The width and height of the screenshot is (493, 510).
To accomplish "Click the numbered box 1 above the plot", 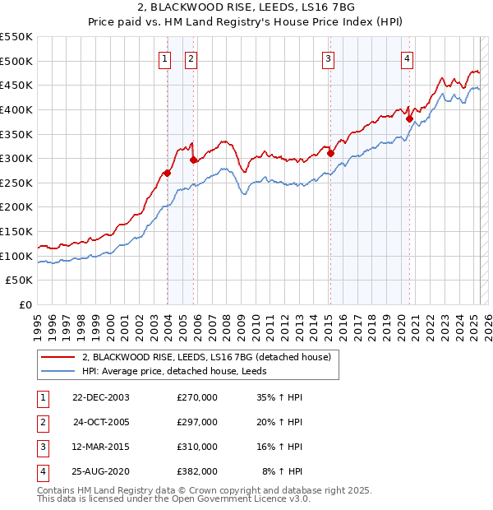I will tap(165, 58).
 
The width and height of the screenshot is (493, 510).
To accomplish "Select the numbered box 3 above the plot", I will tap(328, 58).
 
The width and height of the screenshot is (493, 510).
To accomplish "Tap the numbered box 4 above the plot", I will tap(408, 58).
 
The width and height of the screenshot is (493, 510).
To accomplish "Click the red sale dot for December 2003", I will tap(167, 173).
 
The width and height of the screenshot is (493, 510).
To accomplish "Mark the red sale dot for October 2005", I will tap(193, 160).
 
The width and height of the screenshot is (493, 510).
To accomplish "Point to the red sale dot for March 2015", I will tap(330, 153).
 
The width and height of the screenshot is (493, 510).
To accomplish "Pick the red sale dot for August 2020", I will tap(409, 118).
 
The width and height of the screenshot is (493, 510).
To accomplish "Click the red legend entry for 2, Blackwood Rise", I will tap(205, 357).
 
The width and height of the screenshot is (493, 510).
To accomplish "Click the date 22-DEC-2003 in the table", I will tap(101, 397).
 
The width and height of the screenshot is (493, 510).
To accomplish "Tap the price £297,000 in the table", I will tap(197, 422).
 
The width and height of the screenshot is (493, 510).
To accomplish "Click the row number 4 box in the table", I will tap(42, 472).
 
